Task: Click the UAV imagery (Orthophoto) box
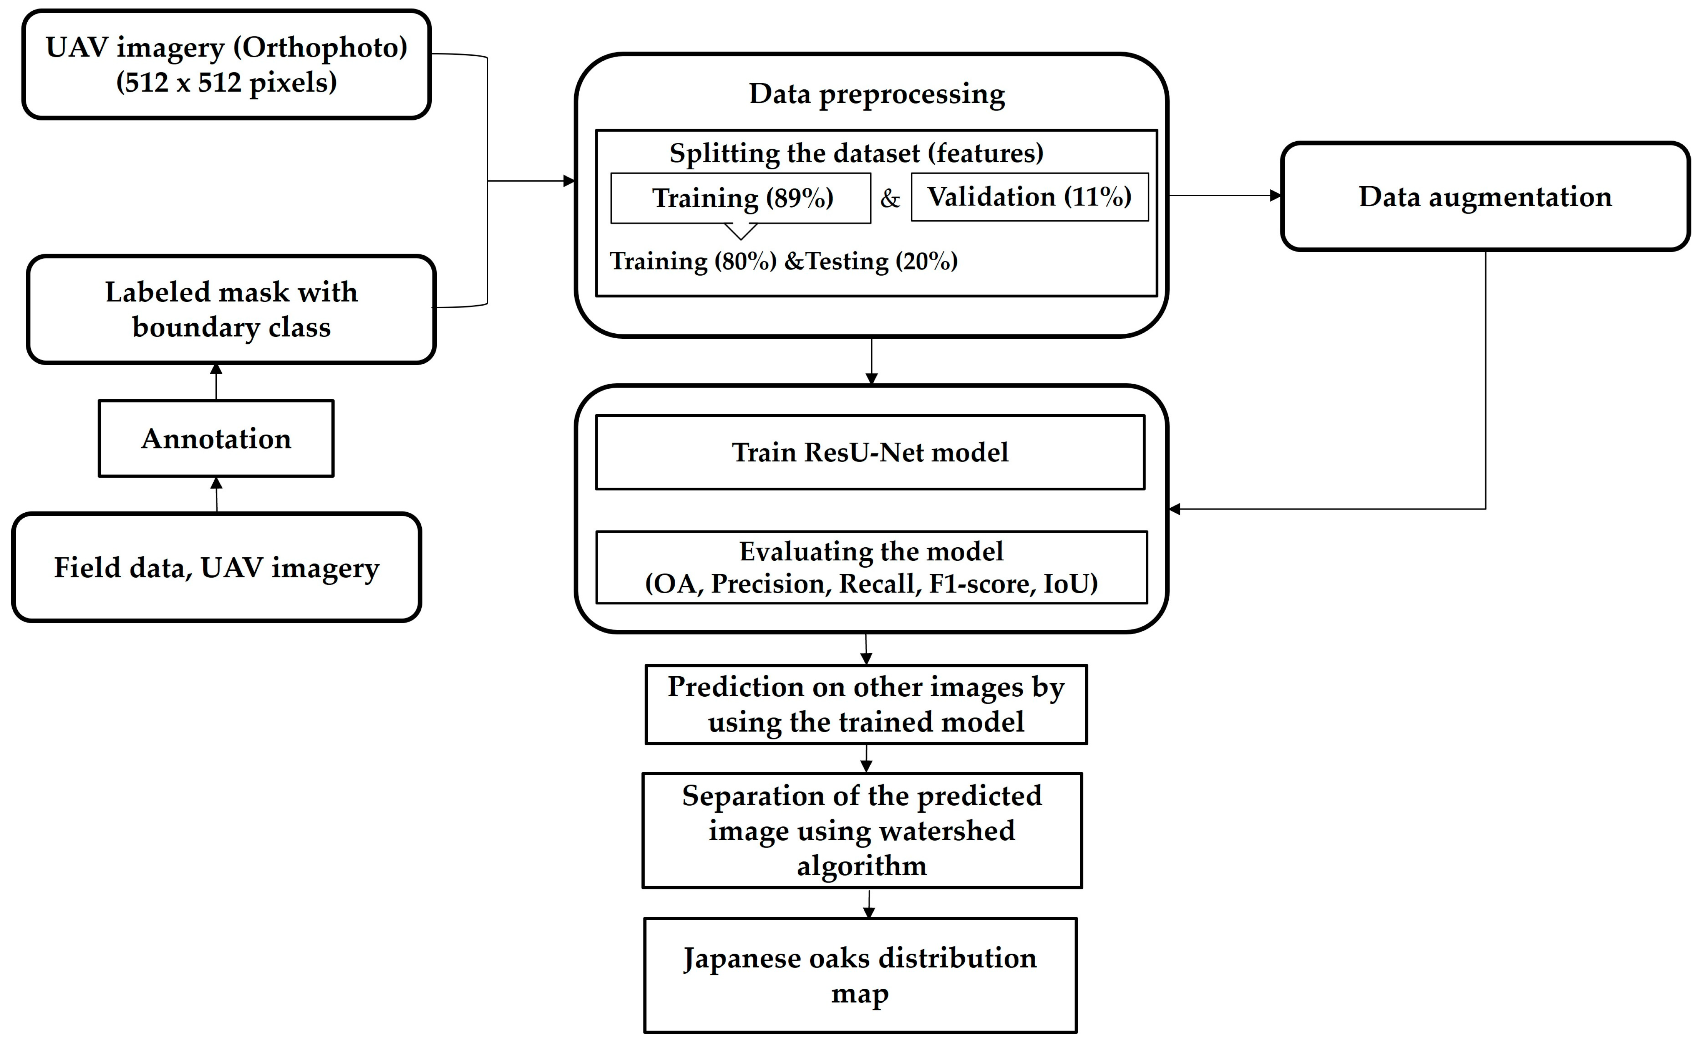tap(226, 64)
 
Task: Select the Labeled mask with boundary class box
tap(231, 309)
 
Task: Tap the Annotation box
tap(216, 439)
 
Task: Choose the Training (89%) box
tap(742, 198)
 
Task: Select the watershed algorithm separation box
tap(862, 831)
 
